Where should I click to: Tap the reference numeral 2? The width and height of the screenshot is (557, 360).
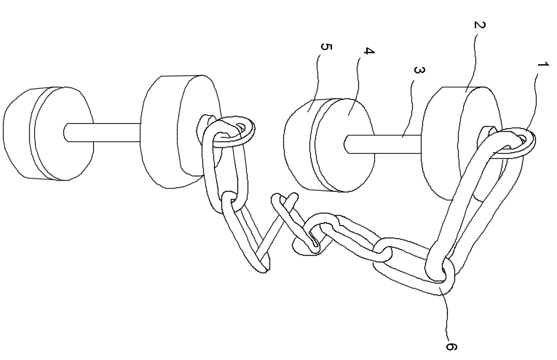[480, 26]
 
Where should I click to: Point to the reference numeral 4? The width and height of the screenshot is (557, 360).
[369, 52]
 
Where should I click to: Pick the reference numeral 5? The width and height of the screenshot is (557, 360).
[326, 48]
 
